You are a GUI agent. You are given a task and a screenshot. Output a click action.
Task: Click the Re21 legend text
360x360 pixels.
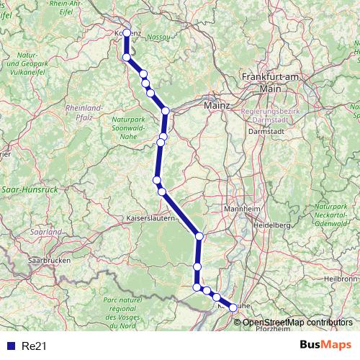pyautogui.click(x=33, y=346)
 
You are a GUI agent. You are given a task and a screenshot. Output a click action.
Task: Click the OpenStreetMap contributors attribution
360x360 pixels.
pyautogui.click(x=297, y=322)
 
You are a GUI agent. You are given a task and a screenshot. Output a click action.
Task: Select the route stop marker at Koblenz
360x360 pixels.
pyautogui.click(x=127, y=32)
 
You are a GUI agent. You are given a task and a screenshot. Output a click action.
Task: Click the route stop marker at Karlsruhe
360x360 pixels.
pyautogui.click(x=233, y=307)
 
